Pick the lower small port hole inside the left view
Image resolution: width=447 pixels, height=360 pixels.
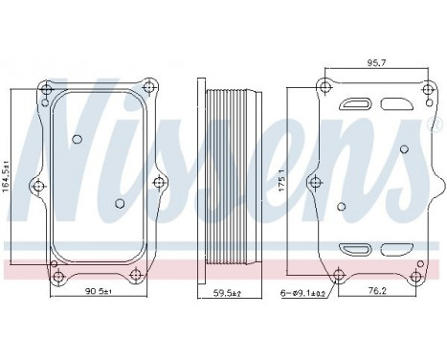(x=119, y=202)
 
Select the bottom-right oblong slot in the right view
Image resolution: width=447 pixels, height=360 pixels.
(x=396, y=250)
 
